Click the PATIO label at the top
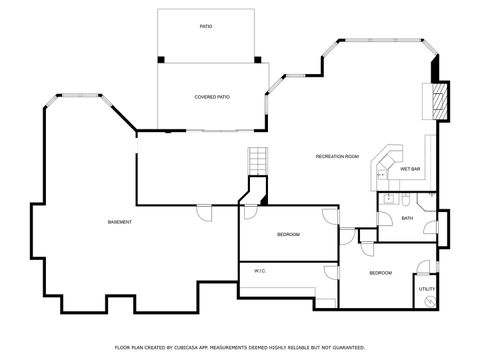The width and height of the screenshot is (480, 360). click(x=205, y=27)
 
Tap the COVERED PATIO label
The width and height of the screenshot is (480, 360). click(x=212, y=97)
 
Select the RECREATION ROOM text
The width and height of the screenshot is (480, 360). click(x=337, y=157)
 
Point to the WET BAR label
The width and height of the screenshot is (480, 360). click(x=410, y=169)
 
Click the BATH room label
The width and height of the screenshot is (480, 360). click(x=407, y=218)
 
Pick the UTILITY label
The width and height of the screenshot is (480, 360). click(x=427, y=289)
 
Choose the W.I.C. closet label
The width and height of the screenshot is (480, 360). click(x=259, y=271)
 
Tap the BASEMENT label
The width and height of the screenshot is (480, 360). click(x=120, y=221)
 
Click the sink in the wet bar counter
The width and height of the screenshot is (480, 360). click(x=381, y=175)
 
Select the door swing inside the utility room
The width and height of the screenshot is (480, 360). click(x=427, y=269)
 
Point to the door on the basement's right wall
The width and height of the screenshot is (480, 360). click(x=204, y=212)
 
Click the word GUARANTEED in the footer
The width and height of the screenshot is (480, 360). click(x=344, y=347)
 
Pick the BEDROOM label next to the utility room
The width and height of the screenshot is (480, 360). click(x=380, y=273)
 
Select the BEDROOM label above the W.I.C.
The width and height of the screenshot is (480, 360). click(x=288, y=234)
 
